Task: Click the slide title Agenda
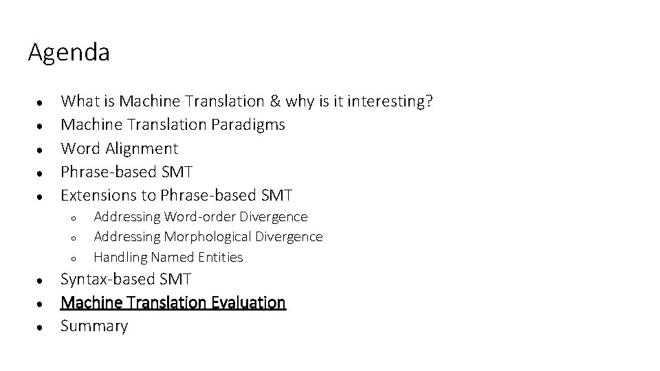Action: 68,53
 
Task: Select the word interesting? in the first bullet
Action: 390,102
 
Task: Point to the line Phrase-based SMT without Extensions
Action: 126,172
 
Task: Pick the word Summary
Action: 94,326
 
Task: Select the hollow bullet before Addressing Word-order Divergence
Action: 72,218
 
